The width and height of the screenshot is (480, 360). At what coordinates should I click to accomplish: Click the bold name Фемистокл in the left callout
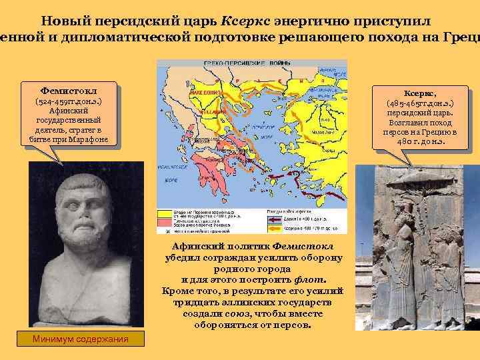pos(69,89)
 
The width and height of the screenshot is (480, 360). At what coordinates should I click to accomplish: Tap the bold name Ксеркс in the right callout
pos(420,94)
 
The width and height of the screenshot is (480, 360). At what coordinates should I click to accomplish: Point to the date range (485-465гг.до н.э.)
pos(420,104)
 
